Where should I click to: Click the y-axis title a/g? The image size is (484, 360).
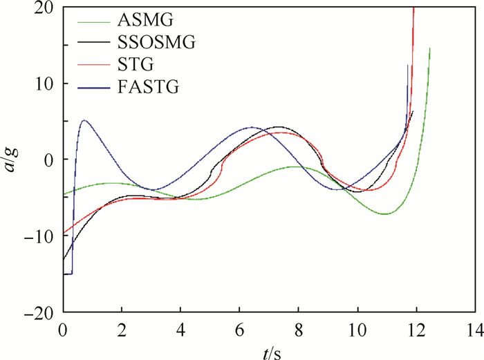pos(15,159)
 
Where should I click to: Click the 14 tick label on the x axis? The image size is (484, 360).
pos(474,328)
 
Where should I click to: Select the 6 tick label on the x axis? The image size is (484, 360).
pos(240,328)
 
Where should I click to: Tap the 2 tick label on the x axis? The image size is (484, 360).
pos(122,328)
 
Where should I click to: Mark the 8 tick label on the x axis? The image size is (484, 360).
pos(299,328)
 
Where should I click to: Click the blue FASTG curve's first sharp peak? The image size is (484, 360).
pos(84,120)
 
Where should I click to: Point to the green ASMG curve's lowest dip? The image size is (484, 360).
pos(385,214)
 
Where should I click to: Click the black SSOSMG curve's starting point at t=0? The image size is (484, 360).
pos(64,260)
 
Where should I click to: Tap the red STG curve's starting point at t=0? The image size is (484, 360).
pos(64,234)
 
